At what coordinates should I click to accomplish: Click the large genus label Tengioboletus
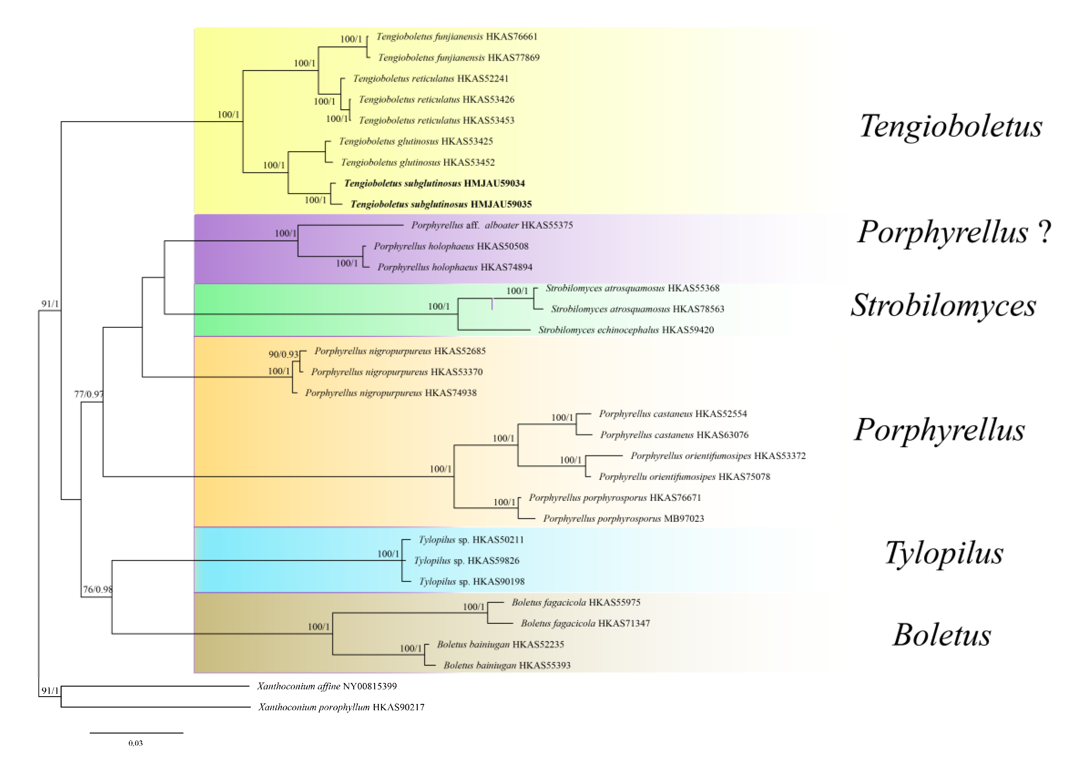tap(951, 127)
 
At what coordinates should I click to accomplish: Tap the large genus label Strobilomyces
tap(943, 305)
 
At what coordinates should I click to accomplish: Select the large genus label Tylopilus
tap(944, 553)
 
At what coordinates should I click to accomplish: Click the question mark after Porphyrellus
tap(1044, 232)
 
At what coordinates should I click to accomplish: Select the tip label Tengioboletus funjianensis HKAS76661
tap(457, 37)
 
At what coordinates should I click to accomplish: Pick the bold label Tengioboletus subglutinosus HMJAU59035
tap(441, 204)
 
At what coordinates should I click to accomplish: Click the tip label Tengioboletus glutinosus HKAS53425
tap(416, 142)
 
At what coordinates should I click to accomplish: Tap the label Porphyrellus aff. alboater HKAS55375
tap(492, 225)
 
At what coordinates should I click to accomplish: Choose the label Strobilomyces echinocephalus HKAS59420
tap(626, 330)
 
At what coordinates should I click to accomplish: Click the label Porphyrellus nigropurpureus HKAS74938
tap(391, 393)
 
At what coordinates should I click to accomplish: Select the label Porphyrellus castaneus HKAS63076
tap(674, 435)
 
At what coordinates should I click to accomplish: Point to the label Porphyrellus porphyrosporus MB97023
tap(623, 519)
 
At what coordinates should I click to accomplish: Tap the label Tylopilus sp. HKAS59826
tap(466, 561)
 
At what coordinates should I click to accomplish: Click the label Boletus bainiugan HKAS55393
tap(507, 666)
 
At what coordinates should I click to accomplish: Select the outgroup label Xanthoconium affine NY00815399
tap(326, 686)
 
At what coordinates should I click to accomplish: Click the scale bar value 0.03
tap(135, 744)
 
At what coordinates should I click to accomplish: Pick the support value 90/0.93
tap(284, 354)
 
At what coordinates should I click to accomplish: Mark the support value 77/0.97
tap(89, 394)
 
